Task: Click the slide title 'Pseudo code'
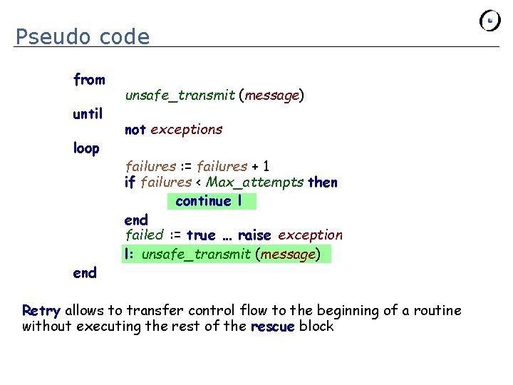(x=83, y=36)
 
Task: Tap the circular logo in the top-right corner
(x=490, y=21)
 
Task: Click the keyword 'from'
(x=89, y=80)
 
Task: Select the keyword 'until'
(x=88, y=113)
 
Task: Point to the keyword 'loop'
(x=86, y=148)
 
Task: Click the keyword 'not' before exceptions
(x=135, y=130)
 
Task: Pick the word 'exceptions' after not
(x=187, y=130)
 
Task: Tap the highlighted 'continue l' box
(x=211, y=201)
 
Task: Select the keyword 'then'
(x=323, y=183)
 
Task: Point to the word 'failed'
(x=144, y=235)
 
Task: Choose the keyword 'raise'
(x=254, y=235)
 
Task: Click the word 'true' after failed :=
(x=200, y=235)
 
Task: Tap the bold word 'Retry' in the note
(x=41, y=310)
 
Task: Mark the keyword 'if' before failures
(x=130, y=183)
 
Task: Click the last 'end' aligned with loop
(x=85, y=272)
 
